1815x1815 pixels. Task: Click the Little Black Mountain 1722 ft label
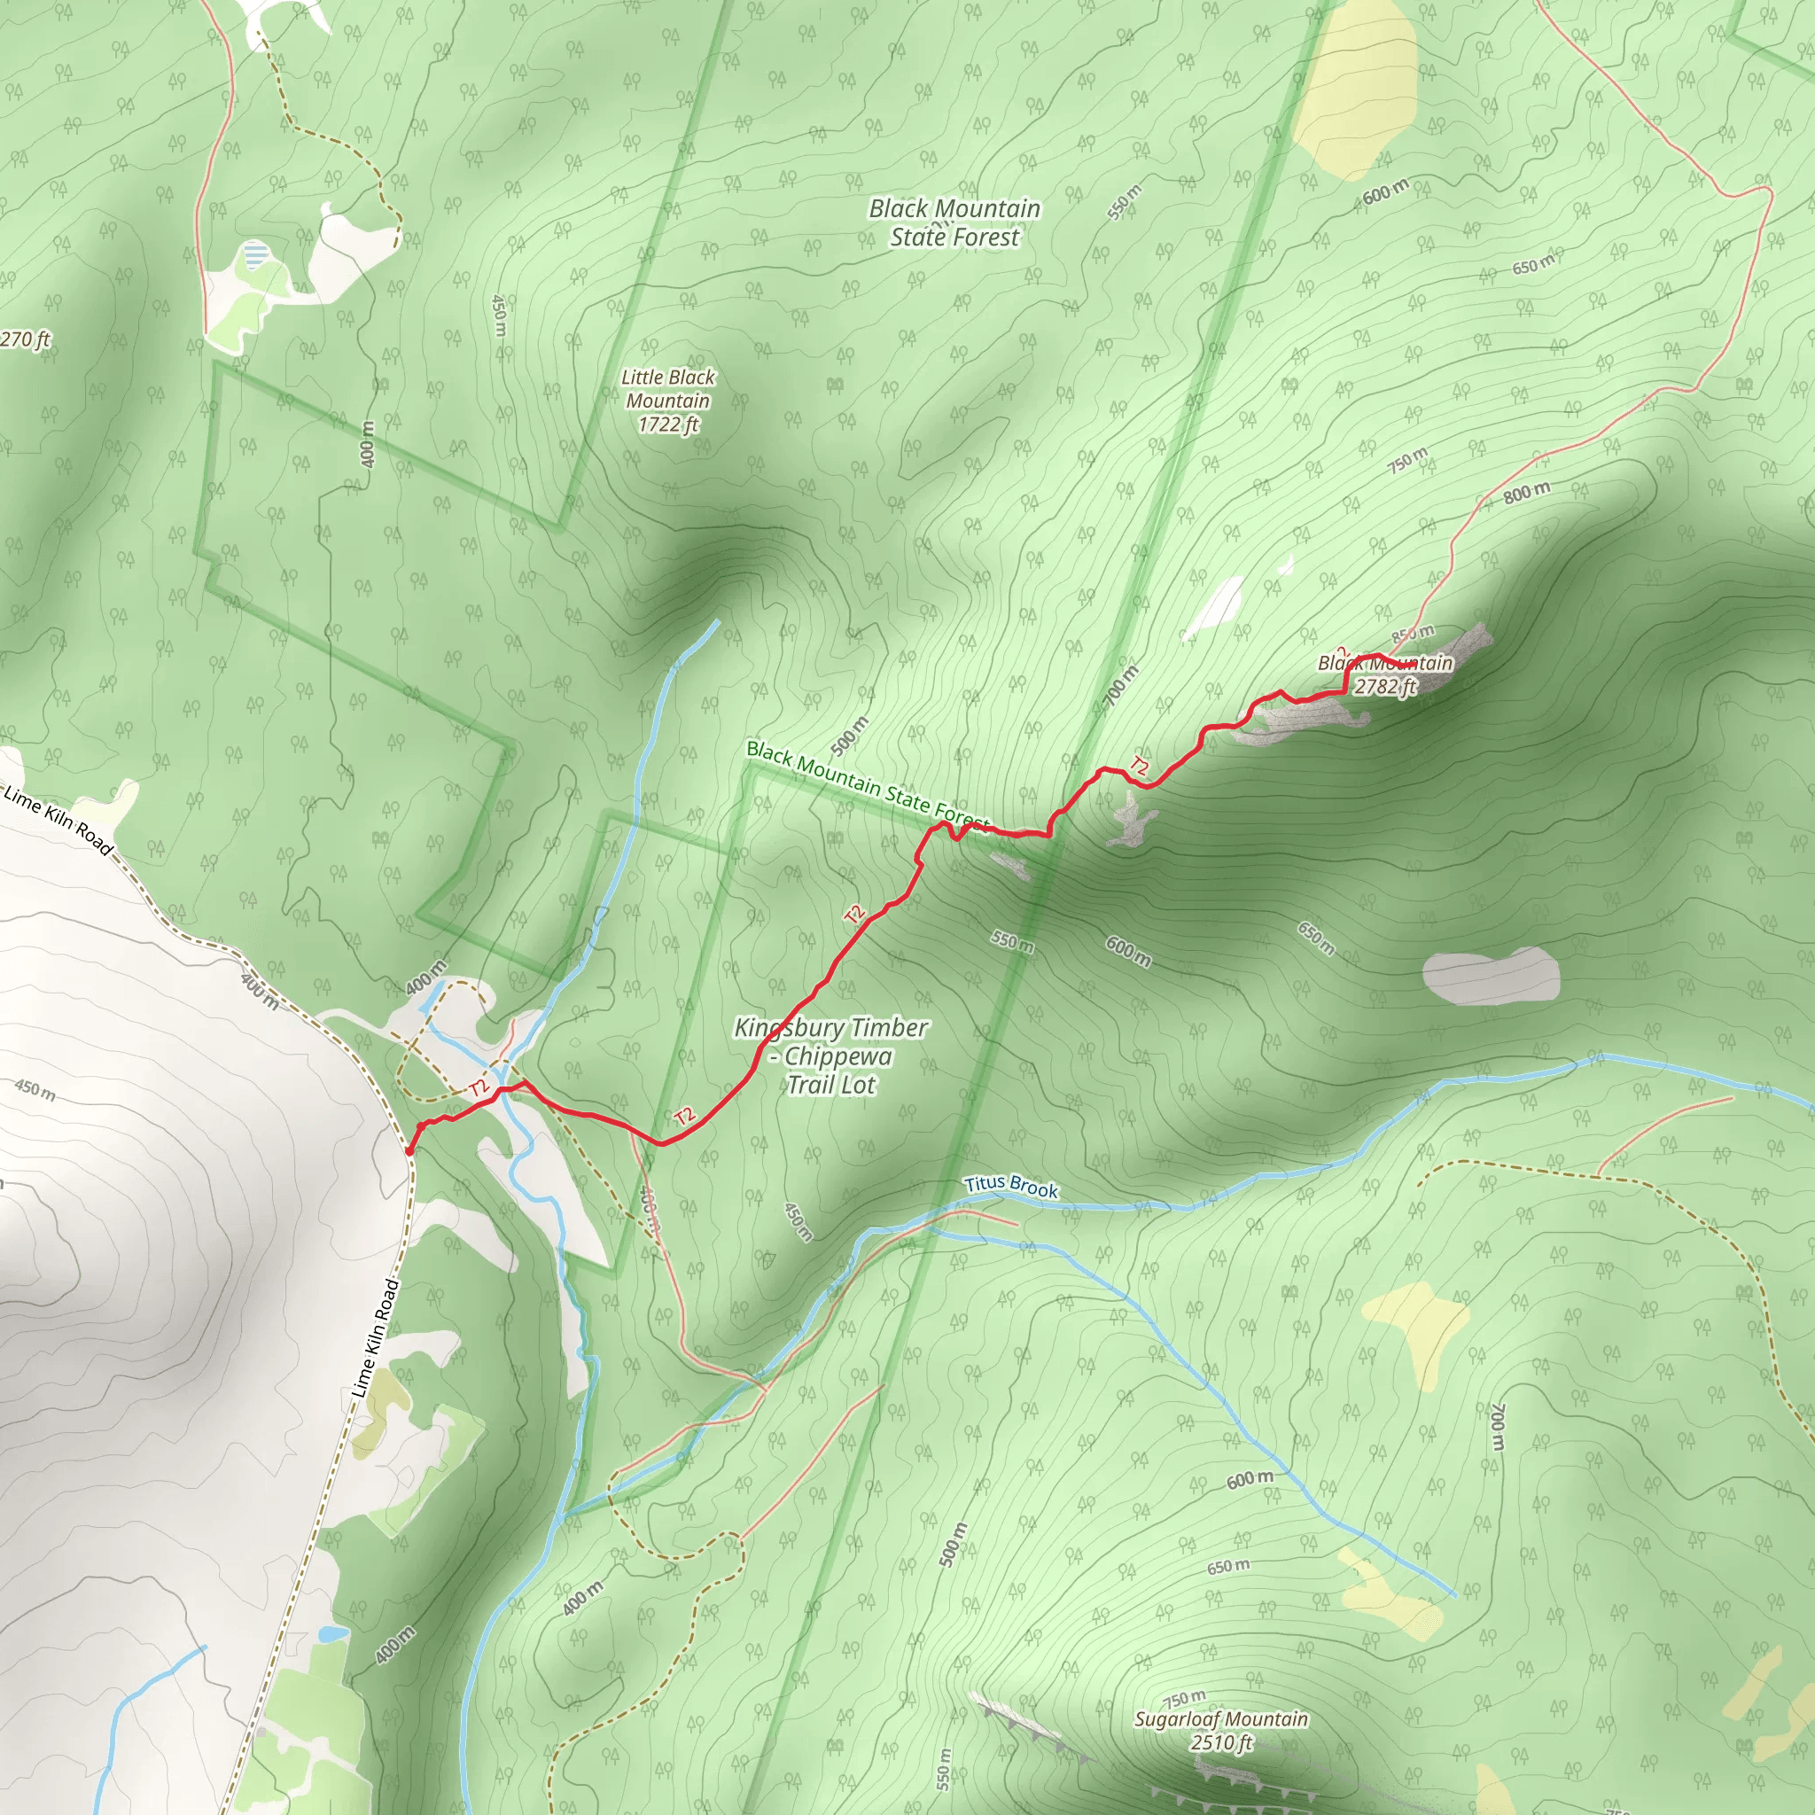(668, 401)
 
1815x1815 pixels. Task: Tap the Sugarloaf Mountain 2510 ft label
(1220, 1732)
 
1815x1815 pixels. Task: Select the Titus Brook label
(1011, 1187)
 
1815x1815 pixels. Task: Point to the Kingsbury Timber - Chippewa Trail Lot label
(831, 1056)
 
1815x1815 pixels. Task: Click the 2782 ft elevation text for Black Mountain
(1383, 687)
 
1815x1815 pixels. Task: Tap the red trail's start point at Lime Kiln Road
(409, 1149)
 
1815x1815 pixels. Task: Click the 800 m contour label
(1526, 491)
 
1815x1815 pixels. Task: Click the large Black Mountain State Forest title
(954, 222)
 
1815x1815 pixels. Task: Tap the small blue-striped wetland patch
(254, 254)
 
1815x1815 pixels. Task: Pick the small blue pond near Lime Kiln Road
(331, 1633)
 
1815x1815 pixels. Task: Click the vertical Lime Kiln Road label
(376, 1337)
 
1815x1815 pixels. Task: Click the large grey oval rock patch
(1491, 976)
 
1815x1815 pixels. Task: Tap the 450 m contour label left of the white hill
(35, 1090)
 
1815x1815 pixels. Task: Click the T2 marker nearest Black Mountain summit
(1139, 767)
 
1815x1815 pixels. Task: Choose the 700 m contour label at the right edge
(1499, 1427)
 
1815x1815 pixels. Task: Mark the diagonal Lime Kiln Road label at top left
(58, 820)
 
